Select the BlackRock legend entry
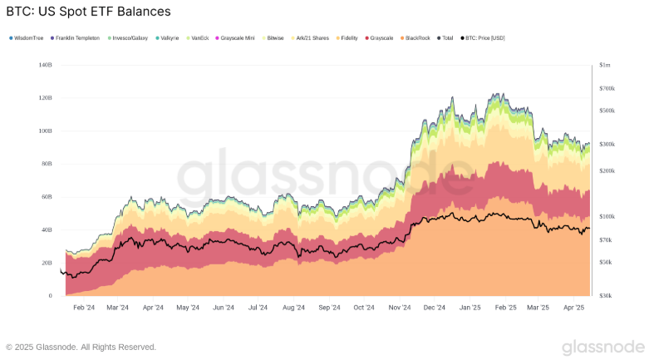pyautogui.click(x=416, y=38)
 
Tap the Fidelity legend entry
pyautogui.click(x=348, y=38)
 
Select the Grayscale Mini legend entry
pyautogui.click(x=237, y=38)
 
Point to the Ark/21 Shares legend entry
pyautogui.click(x=311, y=38)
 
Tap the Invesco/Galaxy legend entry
pyautogui.click(x=130, y=38)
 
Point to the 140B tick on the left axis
pyautogui.click(x=45, y=65)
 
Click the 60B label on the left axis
pyautogui.click(x=47, y=197)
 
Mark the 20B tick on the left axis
pyautogui.click(x=47, y=263)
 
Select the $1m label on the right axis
pyautogui.click(x=604, y=65)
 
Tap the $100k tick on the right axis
pyautogui.click(x=606, y=216)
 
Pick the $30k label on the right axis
pyautogui.click(x=605, y=295)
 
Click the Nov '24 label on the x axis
pyautogui.click(x=400, y=308)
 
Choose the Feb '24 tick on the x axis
pyautogui.click(x=84, y=308)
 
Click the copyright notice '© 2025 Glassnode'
pyautogui.click(x=81, y=347)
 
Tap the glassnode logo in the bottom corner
pyautogui.click(x=602, y=347)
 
